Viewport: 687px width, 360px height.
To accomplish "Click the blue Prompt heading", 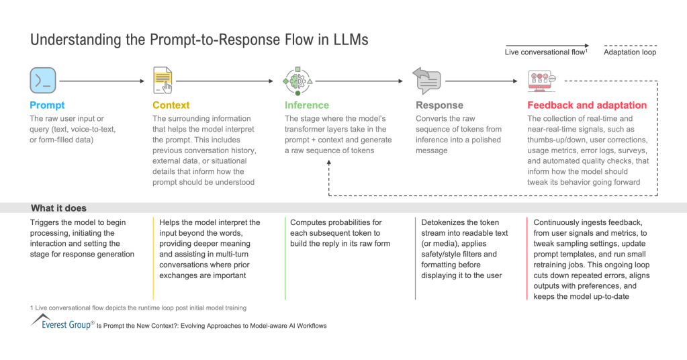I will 47,105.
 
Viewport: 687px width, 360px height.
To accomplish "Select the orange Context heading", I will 171,105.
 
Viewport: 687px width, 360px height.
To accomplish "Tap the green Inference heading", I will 307,105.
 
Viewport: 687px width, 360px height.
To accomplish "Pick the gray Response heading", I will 440,105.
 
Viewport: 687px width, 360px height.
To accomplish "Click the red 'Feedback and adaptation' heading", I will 586,105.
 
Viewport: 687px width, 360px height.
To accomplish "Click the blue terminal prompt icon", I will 43,81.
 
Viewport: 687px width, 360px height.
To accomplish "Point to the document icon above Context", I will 163,81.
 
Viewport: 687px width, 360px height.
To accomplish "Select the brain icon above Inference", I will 297,81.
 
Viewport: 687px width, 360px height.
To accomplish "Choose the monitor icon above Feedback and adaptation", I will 542,81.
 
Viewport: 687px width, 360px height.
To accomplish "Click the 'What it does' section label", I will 58,208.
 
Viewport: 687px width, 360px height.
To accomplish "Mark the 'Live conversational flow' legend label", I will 546,52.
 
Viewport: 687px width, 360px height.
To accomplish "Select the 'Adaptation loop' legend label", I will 630,52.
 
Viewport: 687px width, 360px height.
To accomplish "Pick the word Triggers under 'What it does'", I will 46,222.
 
